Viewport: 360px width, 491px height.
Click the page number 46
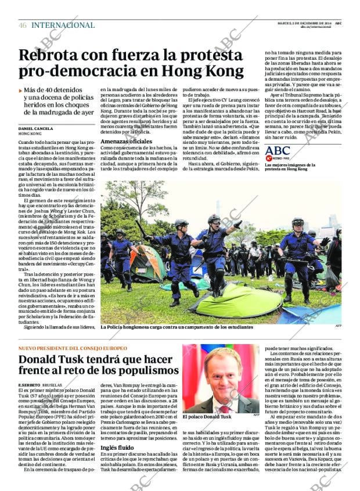click(23, 26)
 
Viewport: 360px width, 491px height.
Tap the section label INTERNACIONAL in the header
click(63, 26)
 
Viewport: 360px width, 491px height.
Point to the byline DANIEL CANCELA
click(35, 128)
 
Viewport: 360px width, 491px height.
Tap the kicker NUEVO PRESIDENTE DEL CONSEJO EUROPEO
click(72, 348)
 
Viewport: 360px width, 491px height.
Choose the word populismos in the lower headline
click(145, 371)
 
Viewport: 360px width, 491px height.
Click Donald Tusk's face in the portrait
click(224, 374)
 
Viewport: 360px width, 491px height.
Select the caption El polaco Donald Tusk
click(207, 417)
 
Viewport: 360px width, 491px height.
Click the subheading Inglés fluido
click(117, 447)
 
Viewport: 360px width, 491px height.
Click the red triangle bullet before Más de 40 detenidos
click(21, 91)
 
